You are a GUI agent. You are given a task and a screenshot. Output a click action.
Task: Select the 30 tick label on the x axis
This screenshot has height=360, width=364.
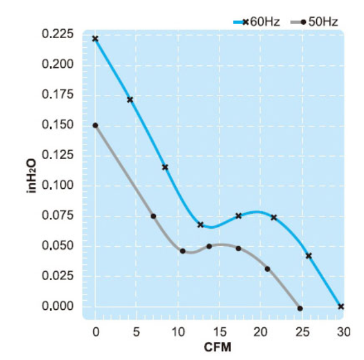[x=343, y=332]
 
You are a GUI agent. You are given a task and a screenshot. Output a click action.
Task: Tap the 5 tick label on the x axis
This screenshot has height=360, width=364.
[x=136, y=332]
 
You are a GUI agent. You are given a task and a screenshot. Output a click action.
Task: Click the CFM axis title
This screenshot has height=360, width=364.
[x=218, y=348]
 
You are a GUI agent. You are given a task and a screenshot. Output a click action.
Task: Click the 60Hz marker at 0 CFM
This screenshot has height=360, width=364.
[x=95, y=38]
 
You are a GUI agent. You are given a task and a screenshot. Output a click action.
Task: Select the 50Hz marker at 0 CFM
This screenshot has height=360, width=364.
[x=95, y=125]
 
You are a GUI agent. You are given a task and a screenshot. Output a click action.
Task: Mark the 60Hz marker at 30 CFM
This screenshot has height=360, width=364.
[x=341, y=306]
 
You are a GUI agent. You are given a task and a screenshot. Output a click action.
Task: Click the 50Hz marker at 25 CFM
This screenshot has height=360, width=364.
[x=300, y=309]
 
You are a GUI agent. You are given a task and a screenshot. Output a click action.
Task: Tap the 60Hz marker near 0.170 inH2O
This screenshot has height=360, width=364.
[x=129, y=99]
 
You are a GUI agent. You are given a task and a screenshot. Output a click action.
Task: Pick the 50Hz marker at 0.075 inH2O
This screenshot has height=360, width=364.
[x=154, y=216]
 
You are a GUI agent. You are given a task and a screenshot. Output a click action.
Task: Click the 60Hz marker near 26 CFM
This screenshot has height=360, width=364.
[x=309, y=255]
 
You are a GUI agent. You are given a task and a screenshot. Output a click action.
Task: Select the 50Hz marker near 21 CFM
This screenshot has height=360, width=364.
[x=267, y=269]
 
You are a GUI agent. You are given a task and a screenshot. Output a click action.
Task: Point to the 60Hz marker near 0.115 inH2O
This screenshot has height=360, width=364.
[x=164, y=167]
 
